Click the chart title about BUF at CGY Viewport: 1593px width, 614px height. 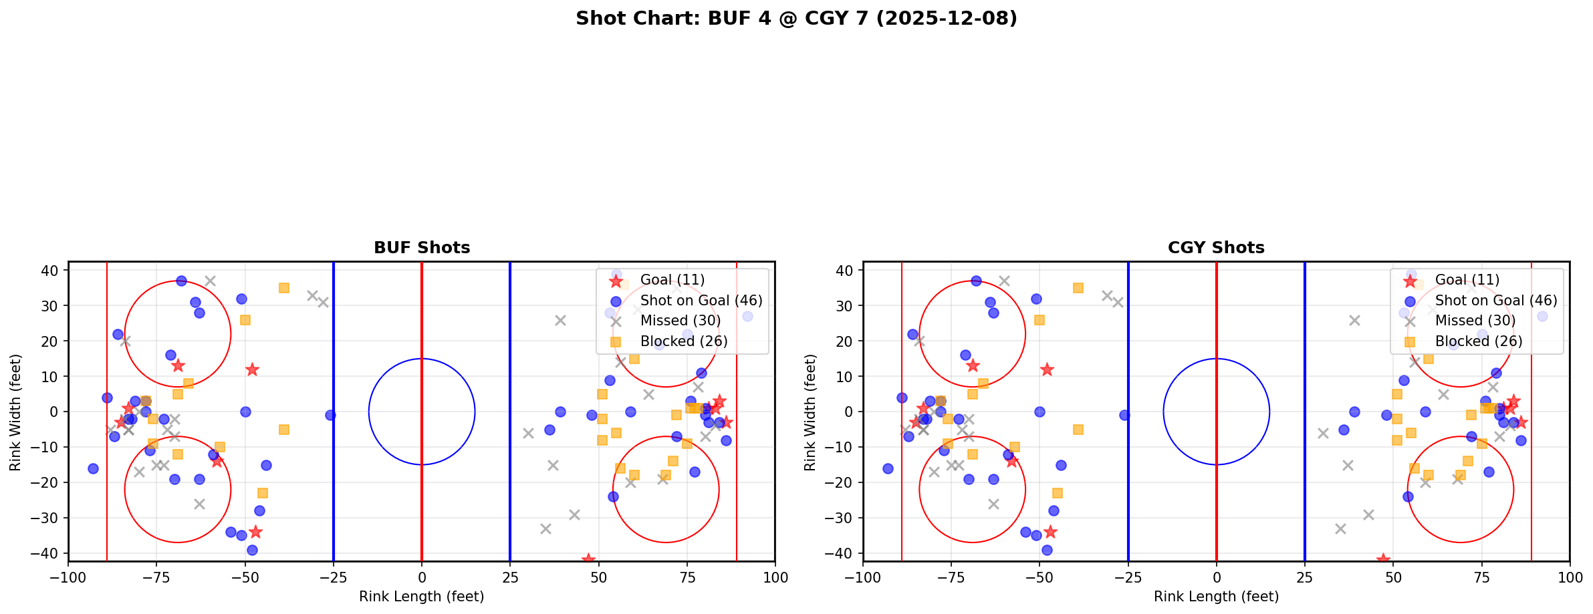coord(796,18)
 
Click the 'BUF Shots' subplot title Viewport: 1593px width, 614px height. coord(422,248)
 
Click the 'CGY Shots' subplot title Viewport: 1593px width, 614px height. coord(1216,248)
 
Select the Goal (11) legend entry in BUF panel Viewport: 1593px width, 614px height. coord(672,280)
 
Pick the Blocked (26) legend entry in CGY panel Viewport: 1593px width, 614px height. coord(1479,341)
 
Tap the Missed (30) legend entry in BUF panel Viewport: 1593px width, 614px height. coord(680,321)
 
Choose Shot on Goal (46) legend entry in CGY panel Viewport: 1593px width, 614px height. coord(1495,301)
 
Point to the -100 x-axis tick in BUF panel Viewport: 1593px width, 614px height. coord(68,577)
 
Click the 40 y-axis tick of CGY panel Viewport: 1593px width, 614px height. coord(843,271)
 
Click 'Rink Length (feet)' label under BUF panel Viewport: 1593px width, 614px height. coord(422,597)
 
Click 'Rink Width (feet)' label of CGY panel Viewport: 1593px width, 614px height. coord(810,412)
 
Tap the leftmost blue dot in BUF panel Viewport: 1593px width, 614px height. coord(93,468)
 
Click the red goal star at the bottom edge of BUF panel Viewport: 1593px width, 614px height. coord(588,559)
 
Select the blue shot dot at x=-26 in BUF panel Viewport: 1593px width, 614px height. coord(330,415)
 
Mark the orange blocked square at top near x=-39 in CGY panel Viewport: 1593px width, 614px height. coord(1078,288)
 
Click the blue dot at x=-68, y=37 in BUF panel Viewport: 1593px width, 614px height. coord(181,281)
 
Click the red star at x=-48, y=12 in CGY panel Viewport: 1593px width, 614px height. coord(1047,369)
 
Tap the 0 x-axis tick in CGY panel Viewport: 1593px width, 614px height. coord(1216,577)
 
